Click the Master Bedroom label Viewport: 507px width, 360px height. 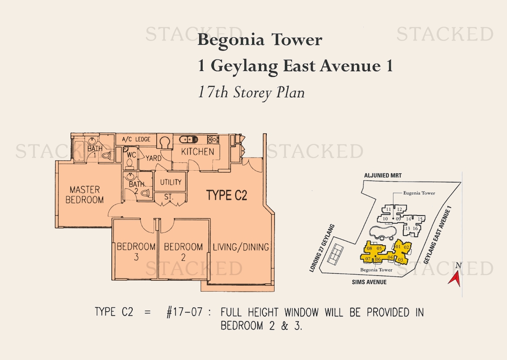(85, 195)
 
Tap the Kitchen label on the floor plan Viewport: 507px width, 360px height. (198, 151)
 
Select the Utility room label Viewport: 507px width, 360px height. (171, 182)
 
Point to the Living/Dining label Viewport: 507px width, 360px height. (241, 247)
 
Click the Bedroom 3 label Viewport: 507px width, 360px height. (136, 252)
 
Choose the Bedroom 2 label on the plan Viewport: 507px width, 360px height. (183, 252)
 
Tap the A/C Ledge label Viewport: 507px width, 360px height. (136, 139)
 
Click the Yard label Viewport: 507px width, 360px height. (153, 158)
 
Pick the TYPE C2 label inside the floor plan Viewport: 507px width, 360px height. (227, 195)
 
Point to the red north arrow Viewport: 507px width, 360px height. (455, 279)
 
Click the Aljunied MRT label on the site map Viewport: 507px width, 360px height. (383, 175)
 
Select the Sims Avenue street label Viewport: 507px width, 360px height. (369, 282)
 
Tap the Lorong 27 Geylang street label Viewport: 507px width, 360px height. (322, 248)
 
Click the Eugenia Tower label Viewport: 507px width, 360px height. (419, 193)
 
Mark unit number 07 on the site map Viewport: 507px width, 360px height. (368, 259)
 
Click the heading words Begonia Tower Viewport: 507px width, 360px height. (260, 40)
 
